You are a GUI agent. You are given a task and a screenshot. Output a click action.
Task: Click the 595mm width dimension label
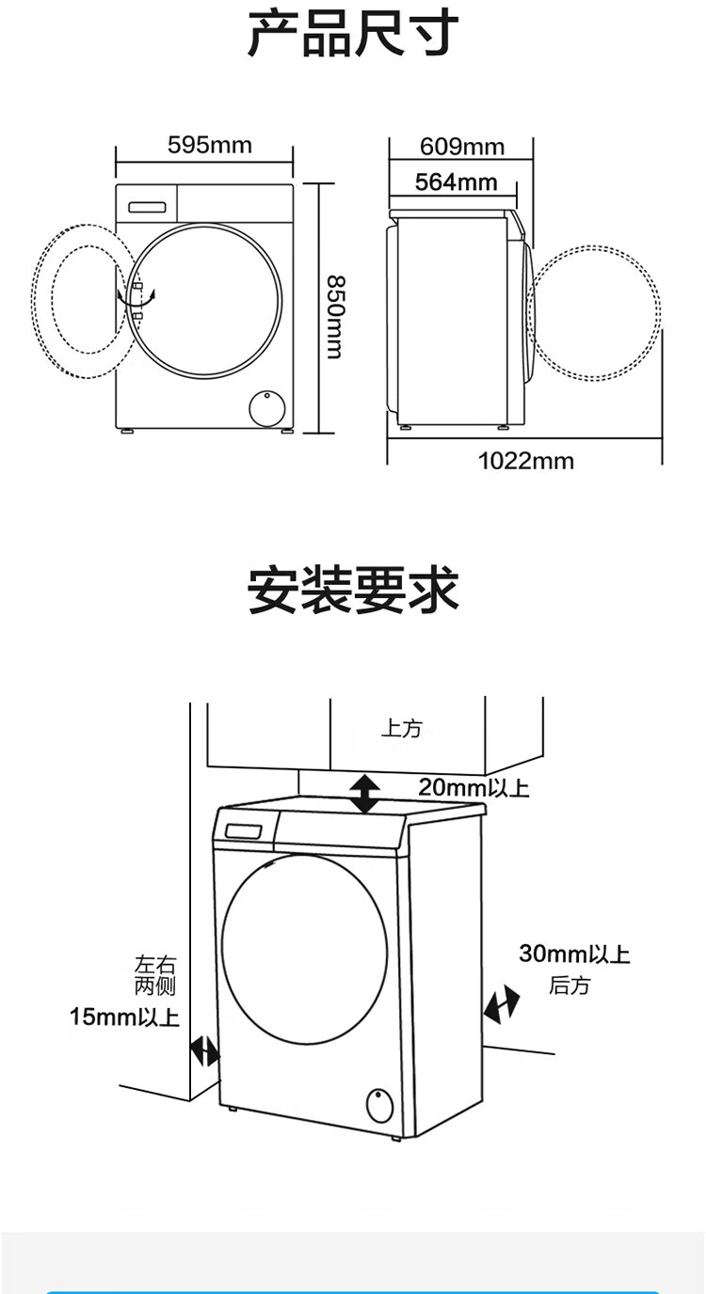click(210, 145)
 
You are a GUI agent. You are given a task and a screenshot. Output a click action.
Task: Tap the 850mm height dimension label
click(336, 317)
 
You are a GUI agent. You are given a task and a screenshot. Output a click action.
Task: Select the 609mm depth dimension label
click(462, 147)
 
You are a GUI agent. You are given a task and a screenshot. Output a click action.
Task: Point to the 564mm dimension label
click(457, 182)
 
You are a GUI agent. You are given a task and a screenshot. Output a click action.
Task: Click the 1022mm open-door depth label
click(526, 461)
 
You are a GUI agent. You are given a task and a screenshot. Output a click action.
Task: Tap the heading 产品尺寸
click(353, 35)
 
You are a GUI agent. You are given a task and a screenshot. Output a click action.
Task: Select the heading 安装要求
click(353, 591)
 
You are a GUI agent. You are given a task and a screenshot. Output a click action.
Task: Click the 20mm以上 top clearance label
click(473, 787)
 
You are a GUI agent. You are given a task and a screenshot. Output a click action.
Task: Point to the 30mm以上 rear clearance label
click(574, 954)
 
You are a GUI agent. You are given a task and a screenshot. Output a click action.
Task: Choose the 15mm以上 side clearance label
click(125, 1017)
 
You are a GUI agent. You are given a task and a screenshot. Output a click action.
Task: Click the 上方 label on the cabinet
click(401, 729)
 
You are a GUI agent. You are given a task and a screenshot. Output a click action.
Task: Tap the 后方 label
click(570, 985)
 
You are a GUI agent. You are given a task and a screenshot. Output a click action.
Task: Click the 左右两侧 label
click(155, 975)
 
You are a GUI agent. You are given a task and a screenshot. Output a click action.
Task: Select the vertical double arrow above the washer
click(365, 795)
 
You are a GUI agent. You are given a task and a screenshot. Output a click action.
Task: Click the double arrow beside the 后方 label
click(501, 1004)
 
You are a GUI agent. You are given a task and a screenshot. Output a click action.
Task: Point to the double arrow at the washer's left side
click(204, 1052)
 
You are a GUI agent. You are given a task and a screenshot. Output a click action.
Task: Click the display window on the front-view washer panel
click(147, 206)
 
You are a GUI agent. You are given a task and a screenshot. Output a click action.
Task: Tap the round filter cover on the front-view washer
click(267, 408)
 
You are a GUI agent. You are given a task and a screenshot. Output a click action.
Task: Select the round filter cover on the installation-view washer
click(379, 1106)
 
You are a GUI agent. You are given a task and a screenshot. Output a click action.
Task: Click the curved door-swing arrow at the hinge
click(136, 298)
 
